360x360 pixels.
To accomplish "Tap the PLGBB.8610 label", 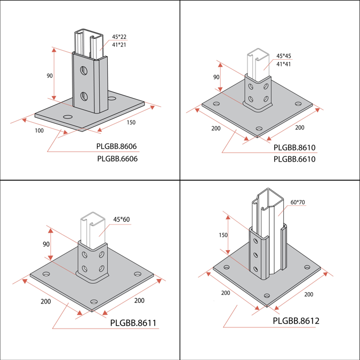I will tap(294, 147).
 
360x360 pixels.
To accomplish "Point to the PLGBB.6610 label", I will tap(294, 159).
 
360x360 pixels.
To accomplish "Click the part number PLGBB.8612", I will tap(296, 321).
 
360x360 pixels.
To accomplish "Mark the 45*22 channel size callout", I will tap(119, 37).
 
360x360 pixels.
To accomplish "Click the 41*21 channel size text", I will tap(119, 45).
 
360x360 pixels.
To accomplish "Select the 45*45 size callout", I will tap(283, 56).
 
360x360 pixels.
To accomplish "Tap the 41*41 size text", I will tap(283, 64).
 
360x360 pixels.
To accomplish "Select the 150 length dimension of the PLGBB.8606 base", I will tap(131, 123).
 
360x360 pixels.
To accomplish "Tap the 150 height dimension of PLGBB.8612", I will tap(223, 235).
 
